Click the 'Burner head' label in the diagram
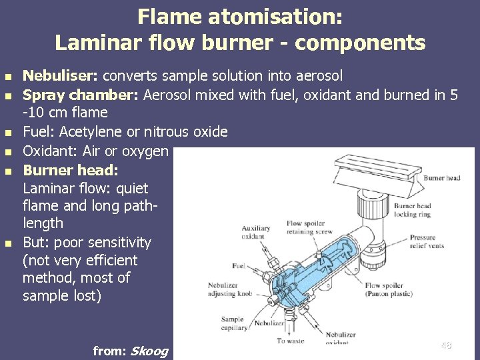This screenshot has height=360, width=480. (x=442, y=178)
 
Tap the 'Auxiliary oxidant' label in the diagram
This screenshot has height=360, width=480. (x=256, y=232)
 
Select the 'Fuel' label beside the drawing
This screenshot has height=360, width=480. (x=239, y=266)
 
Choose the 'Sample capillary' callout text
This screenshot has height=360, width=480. (x=233, y=323)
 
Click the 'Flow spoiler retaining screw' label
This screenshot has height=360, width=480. (x=309, y=228)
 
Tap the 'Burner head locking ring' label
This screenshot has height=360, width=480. (x=413, y=211)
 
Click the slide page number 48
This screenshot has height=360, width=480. (x=446, y=345)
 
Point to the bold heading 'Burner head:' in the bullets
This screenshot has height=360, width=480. (x=71, y=169)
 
